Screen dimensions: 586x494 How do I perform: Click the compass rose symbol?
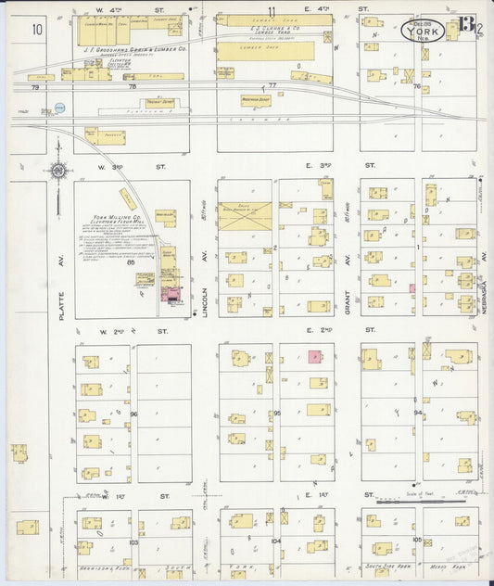(x=58, y=170)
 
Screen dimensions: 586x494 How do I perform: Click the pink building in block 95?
(x=313, y=356)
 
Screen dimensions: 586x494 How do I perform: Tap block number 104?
(x=275, y=539)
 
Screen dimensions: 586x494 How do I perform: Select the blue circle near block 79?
(x=60, y=108)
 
